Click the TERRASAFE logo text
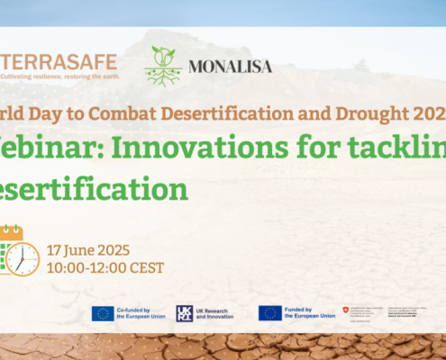click(x=59, y=64)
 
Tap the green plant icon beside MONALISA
click(x=163, y=66)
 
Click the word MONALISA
click(x=231, y=67)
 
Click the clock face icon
click(x=23, y=259)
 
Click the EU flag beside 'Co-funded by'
click(x=102, y=313)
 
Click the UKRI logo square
click(x=185, y=313)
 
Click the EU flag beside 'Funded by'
click(x=270, y=313)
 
